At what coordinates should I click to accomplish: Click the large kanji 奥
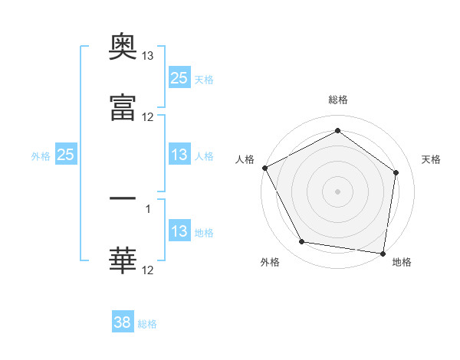[123, 46]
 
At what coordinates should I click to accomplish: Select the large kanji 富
[123, 107]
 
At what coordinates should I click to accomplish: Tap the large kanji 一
[123, 198]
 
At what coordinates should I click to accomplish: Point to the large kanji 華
[123, 260]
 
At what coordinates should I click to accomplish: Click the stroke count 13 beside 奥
[147, 56]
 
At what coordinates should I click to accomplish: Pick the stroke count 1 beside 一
[148, 209]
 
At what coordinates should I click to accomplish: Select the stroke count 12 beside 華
[147, 270]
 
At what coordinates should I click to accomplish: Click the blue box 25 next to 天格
[179, 77]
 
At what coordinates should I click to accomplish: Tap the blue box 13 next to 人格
[179, 154]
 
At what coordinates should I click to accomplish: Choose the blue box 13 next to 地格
[179, 230]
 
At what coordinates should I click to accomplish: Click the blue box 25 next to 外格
[66, 154]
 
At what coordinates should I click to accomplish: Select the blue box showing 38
[123, 321]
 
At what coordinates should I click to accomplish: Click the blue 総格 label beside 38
[147, 324]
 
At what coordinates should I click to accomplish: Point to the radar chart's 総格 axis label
[338, 100]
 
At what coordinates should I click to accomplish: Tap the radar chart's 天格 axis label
[431, 159]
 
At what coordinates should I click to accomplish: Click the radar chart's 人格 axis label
[245, 159]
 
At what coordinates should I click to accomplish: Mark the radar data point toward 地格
[383, 254]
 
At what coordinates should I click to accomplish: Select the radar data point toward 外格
[302, 241]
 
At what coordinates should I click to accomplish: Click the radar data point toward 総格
[337, 130]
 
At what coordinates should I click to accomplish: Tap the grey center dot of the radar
[337, 191]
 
